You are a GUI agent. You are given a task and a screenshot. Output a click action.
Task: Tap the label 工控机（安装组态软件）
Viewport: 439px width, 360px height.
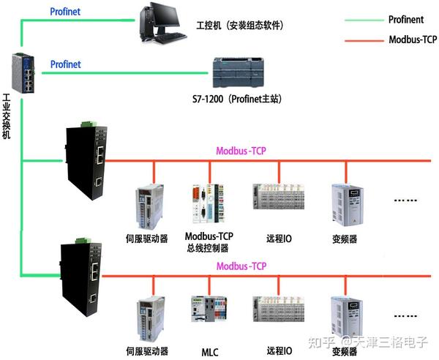click(x=240, y=26)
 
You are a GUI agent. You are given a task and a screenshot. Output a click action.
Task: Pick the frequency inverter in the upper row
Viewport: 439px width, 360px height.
click(x=344, y=205)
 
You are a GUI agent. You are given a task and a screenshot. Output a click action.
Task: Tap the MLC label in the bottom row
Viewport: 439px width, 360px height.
click(x=210, y=352)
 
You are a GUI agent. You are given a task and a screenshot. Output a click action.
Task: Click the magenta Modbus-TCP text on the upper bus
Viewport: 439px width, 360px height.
click(x=241, y=151)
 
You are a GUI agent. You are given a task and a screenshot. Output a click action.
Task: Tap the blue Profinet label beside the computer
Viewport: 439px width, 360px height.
click(x=65, y=12)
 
